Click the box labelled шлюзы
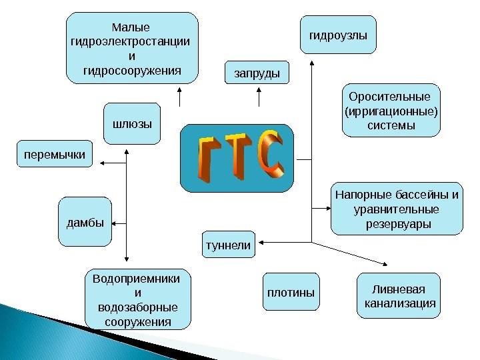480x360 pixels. [132, 124]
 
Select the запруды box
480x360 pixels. [257, 72]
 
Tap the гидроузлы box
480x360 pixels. [338, 33]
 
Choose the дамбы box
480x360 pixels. [85, 222]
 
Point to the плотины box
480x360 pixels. [291, 292]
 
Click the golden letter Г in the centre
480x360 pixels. [206, 159]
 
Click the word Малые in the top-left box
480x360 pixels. [131, 28]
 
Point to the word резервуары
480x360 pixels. [399, 224]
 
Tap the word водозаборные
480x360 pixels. [137, 308]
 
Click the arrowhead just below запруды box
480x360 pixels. [257, 91]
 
